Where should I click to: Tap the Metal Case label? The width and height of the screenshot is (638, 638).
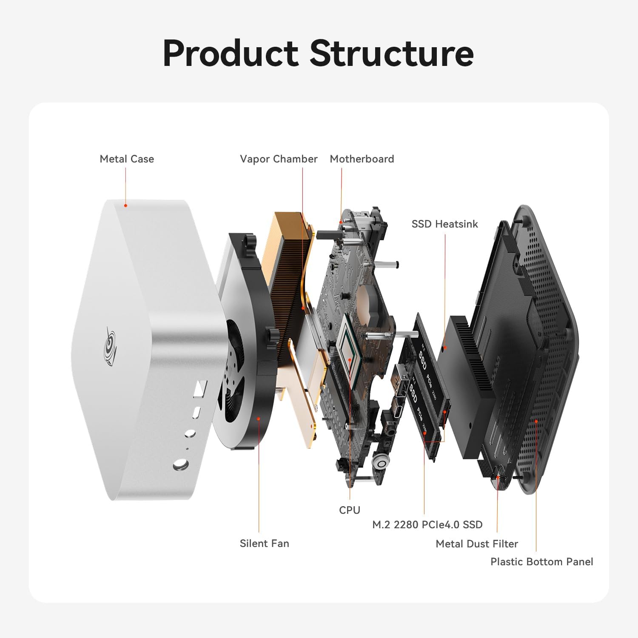(x=127, y=159)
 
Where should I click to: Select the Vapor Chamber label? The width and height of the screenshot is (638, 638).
(x=279, y=159)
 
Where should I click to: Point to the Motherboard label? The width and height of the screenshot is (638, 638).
(x=362, y=159)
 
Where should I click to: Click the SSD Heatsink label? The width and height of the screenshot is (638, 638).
(x=444, y=224)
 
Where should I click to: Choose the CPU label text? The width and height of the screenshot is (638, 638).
(x=350, y=510)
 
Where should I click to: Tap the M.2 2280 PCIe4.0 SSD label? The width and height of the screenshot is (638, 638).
(x=427, y=524)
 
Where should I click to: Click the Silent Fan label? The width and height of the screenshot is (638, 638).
(x=264, y=544)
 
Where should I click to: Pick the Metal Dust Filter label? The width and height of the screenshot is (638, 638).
(x=477, y=544)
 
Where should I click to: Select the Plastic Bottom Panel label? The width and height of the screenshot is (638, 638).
(x=541, y=562)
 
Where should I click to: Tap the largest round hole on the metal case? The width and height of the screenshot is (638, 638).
(x=181, y=465)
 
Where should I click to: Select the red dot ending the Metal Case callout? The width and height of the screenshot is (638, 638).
(x=125, y=205)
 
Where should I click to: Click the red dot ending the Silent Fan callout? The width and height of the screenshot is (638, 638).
(x=259, y=419)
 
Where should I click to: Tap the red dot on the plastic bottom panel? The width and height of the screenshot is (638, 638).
(x=536, y=421)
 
